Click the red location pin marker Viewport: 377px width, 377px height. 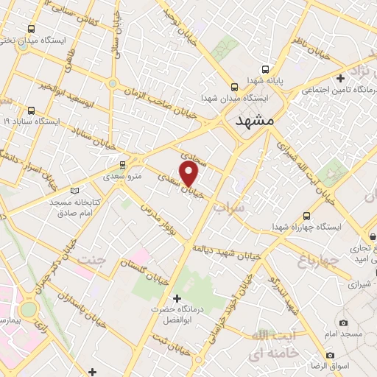(190, 174)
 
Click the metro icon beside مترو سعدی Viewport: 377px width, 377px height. (122, 164)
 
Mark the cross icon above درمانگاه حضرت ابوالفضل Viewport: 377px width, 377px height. (176, 297)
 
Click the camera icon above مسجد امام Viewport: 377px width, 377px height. (343, 323)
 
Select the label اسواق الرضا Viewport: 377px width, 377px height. (347, 365)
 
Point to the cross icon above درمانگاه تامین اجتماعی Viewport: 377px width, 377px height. (340, 77)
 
